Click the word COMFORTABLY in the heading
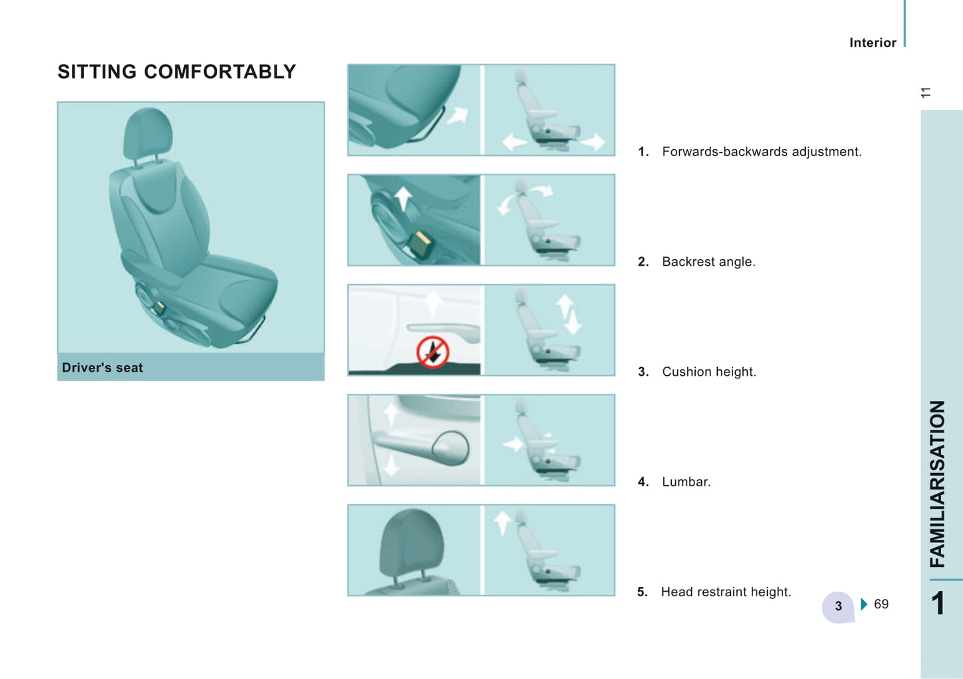click(220, 72)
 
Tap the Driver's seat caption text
click(103, 367)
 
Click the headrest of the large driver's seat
click(148, 133)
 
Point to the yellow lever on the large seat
click(159, 307)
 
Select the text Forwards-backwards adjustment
click(762, 152)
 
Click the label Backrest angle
click(708, 262)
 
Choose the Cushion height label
click(709, 372)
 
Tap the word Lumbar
click(686, 482)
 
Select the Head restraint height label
click(726, 592)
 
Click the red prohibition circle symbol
click(433, 352)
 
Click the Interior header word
click(873, 43)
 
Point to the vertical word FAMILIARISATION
click(938, 484)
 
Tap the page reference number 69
click(881, 604)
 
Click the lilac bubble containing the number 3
click(838, 607)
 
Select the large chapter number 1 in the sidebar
click(938, 603)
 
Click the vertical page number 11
click(926, 93)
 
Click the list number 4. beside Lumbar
click(643, 482)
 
